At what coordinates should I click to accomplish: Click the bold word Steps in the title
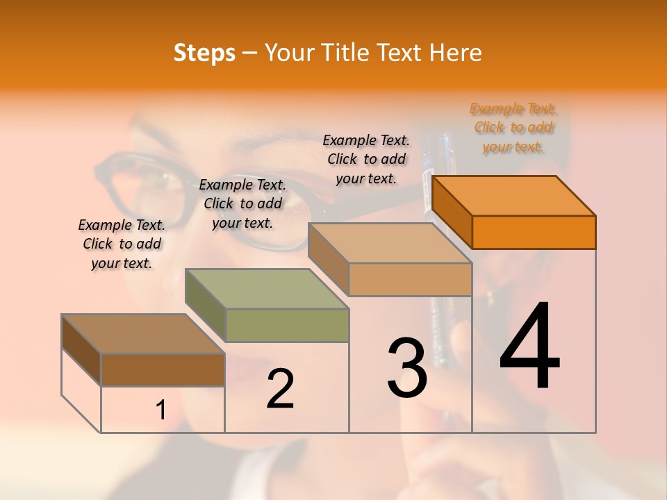(x=204, y=53)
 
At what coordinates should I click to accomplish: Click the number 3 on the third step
(x=407, y=369)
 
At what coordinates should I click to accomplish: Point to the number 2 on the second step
(x=280, y=389)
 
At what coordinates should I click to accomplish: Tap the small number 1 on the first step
(x=160, y=410)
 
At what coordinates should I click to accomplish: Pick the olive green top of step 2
(x=267, y=289)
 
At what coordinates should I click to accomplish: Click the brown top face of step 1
(x=143, y=334)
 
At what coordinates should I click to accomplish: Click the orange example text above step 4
(x=513, y=128)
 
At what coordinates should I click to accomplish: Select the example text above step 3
(x=366, y=160)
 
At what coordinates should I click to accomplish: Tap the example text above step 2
(x=242, y=203)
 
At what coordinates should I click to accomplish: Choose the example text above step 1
(x=122, y=244)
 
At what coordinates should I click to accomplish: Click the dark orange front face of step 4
(x=534, y=232)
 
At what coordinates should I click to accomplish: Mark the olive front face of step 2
(x=287, y=325)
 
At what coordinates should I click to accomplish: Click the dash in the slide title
(x=250, y=53)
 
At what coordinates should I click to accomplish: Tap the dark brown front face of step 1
(x=163, y=369)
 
